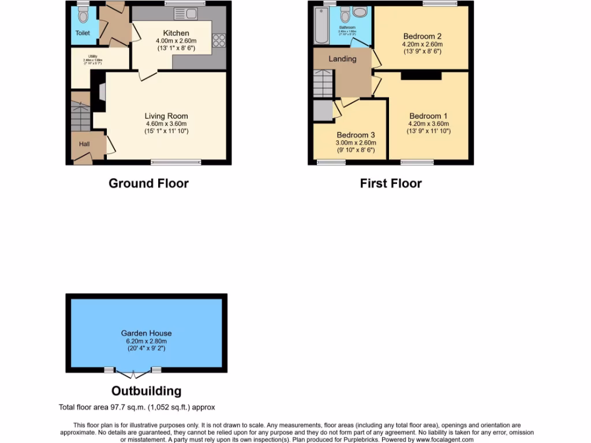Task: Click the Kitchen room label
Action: [x=176, y=33]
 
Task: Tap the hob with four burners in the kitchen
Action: [x=219, y=40]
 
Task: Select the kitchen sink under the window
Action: [x=185, y=14]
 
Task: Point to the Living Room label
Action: [x=166, y=116]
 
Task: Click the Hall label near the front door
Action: [x=84, y=144]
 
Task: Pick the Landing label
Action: [x=342, y=59]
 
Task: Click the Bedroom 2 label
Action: [x=422, y=36]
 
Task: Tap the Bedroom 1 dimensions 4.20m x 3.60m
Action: [x=428, y=123]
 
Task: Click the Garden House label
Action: [x=146, y=333]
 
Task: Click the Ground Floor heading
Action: [x=149, y=183]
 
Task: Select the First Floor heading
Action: [x=391, y=183]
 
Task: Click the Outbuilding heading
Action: [x=146, y=391]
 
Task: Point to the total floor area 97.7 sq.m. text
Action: [x=137, y=407]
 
